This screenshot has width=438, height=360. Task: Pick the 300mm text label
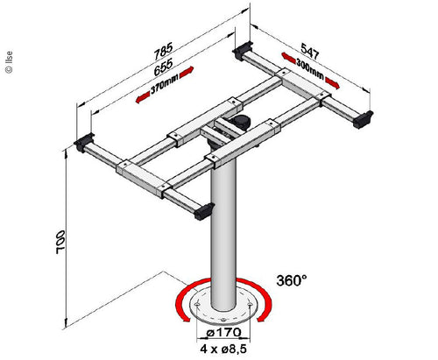[309, 70]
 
